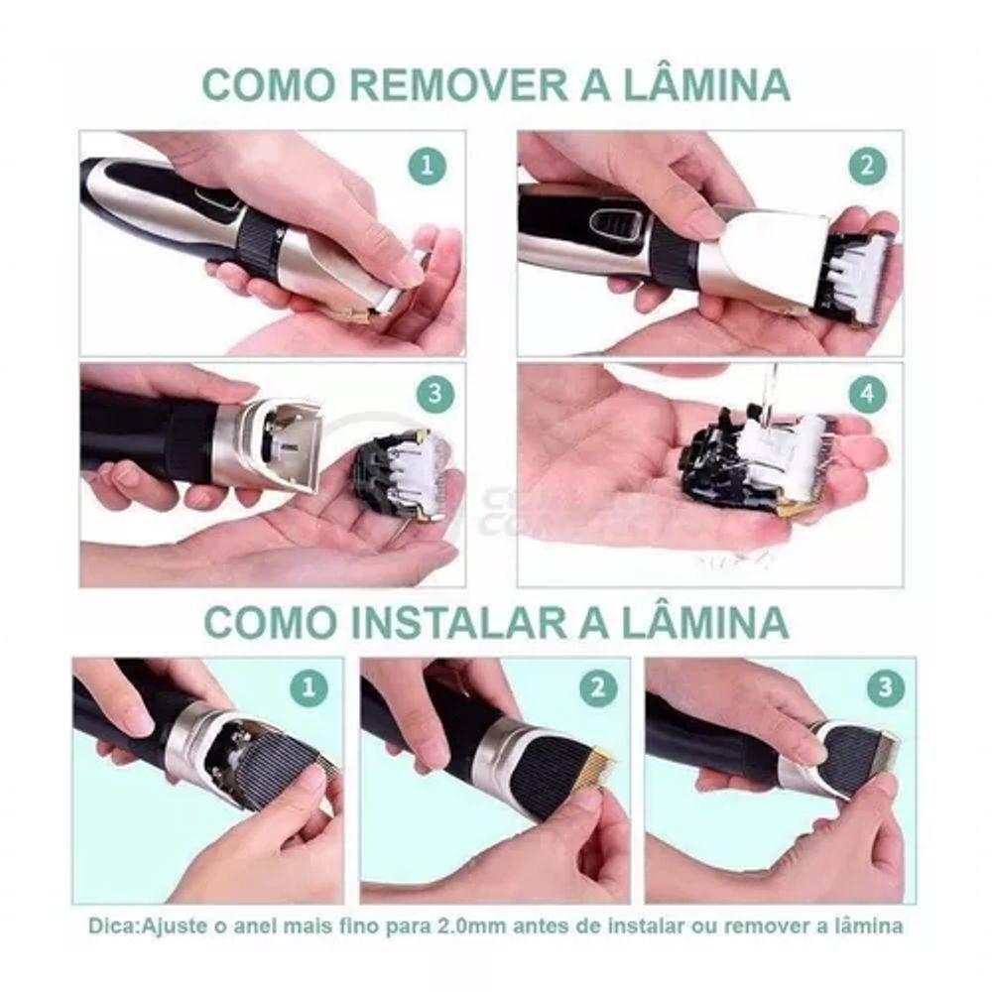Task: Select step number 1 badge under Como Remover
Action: coord(427,167)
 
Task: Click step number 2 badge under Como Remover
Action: coord(866,166)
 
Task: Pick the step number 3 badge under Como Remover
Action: coord(434,394)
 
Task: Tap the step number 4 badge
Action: coord(867,394)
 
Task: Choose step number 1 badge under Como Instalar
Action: coord(309,687)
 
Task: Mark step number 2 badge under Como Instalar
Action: coord(596,687)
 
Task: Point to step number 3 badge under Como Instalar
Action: coord(885,687)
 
